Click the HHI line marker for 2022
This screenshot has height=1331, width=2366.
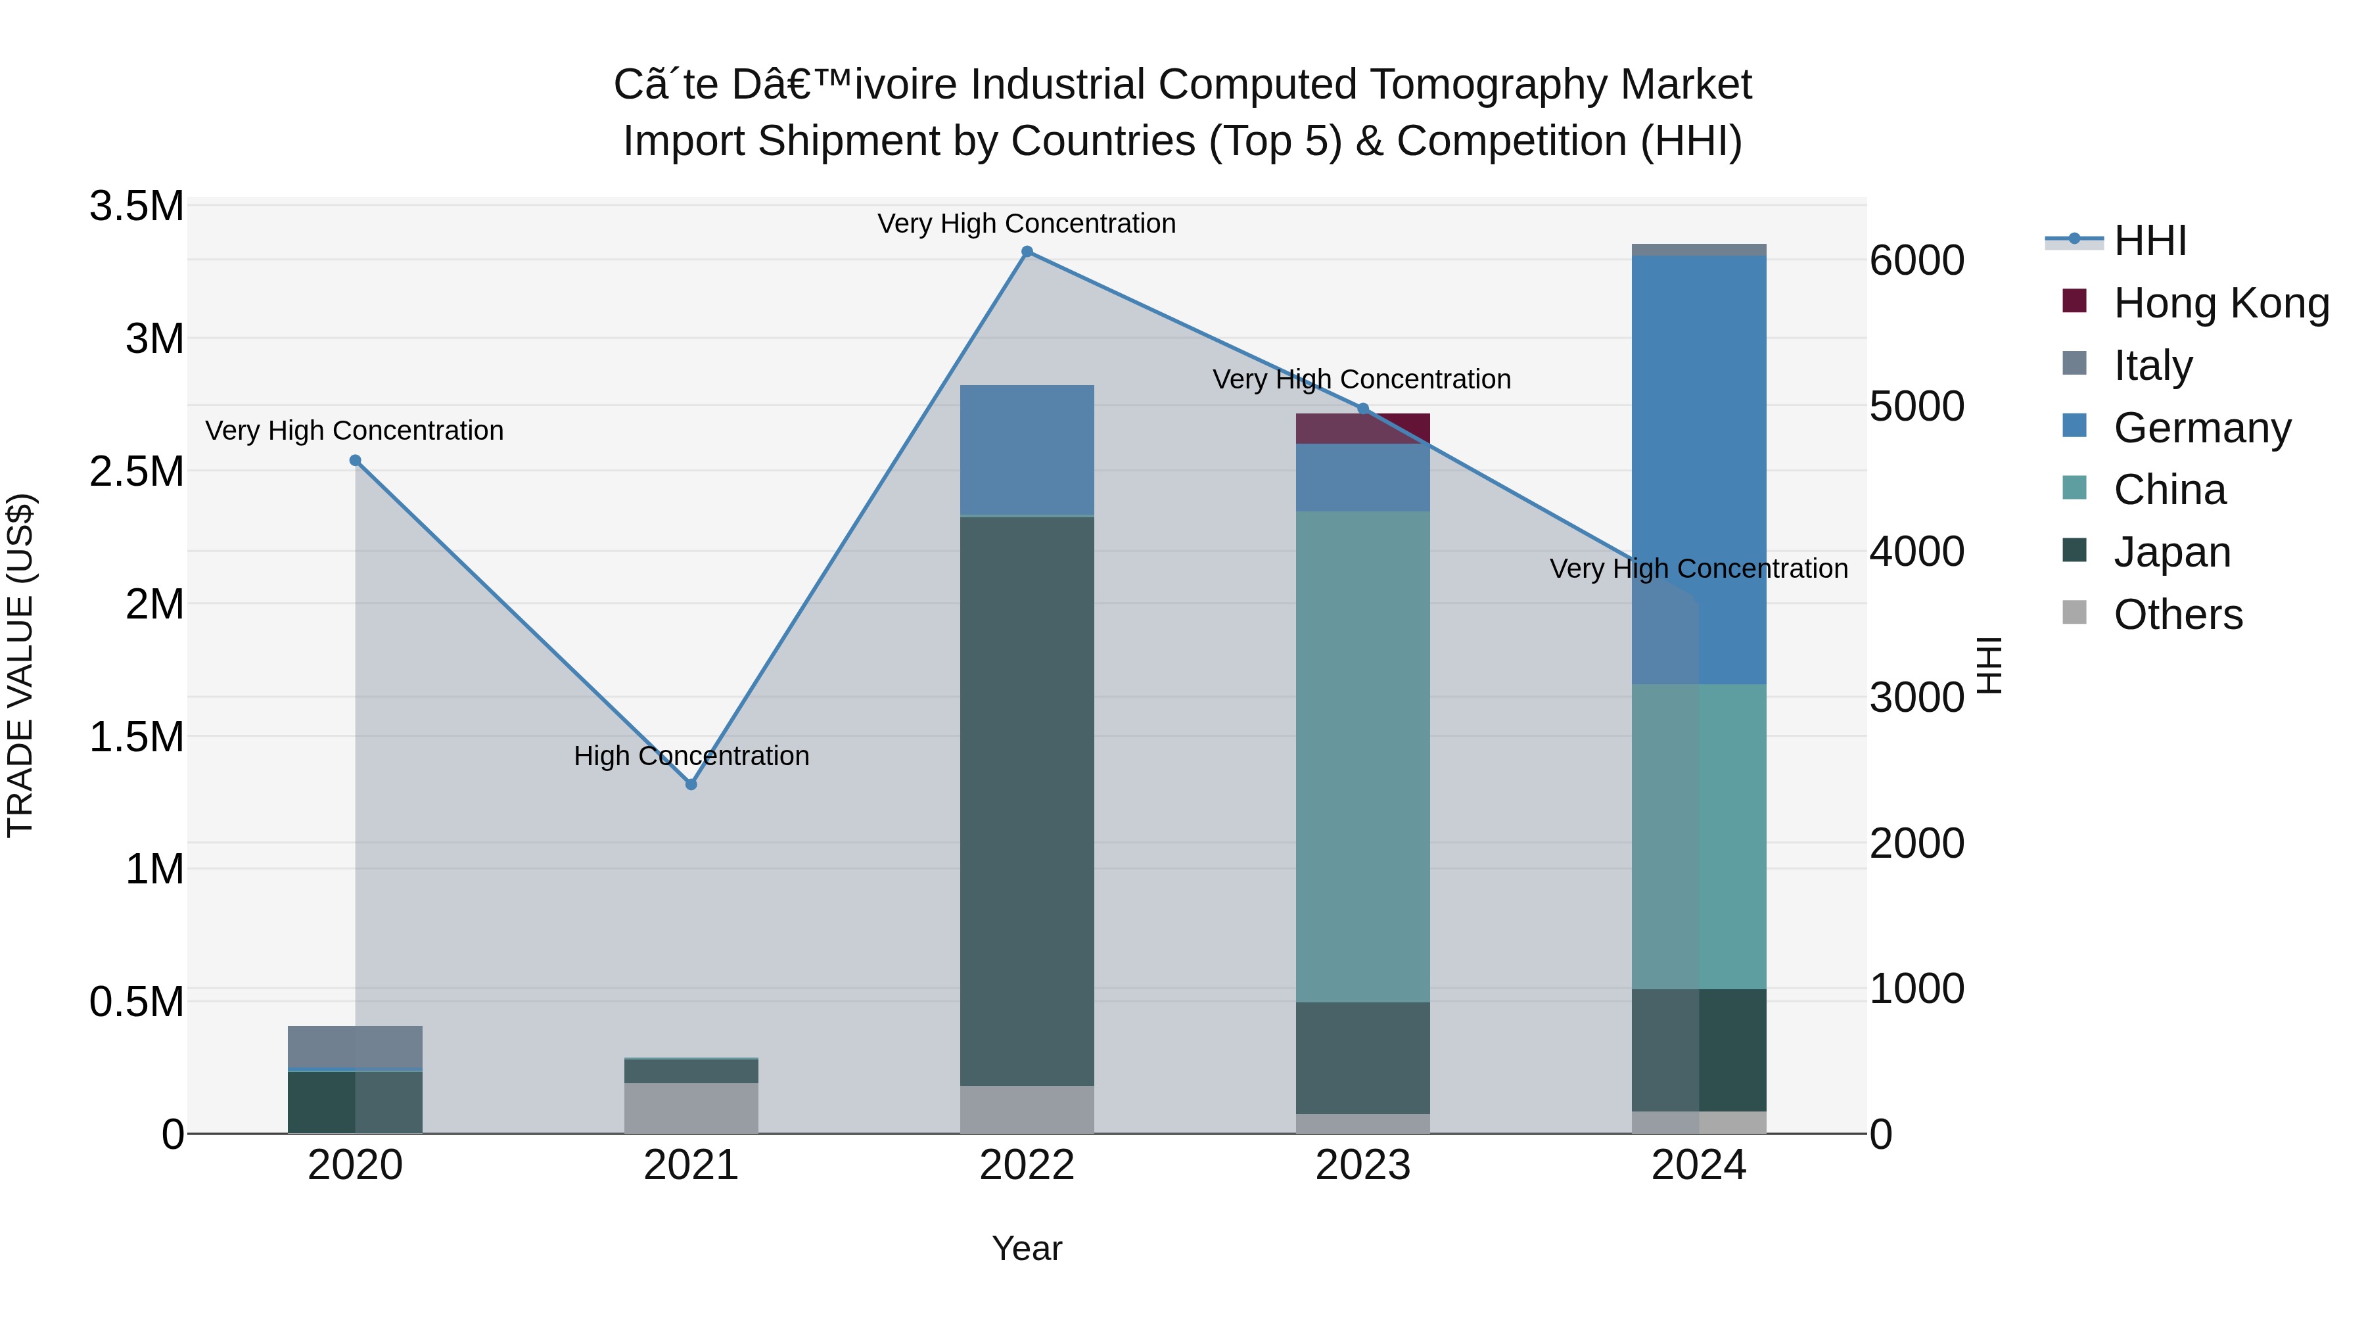click(x=1027, y=252)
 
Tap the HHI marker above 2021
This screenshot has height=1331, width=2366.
click(x=691, y=784)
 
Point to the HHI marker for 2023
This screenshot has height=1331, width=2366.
click(x=1363, y=409)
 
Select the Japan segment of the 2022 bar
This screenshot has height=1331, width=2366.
click(x=1027, y=799)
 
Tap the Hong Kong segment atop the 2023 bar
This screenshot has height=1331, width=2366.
click(x=1363, y=428)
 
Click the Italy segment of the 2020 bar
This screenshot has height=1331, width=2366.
click(x=356, y=1047)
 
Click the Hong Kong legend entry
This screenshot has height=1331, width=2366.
click(x=2221, y=303)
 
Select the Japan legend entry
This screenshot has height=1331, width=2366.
click(x=2171, y=552)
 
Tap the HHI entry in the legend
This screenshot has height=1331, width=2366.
click(x=2149, y=241)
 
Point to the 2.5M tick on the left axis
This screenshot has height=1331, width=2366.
click(x=136, y=471)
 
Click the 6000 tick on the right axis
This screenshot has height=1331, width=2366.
click(x=1917, y=261)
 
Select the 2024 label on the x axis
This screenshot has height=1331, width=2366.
click(x=1698, y=1165)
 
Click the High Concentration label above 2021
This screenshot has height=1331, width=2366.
click(x=691, y=756)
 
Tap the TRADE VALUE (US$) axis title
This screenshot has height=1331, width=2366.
click(x=20, y=665)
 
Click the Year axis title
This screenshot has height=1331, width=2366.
click(x=1027, y=1248)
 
